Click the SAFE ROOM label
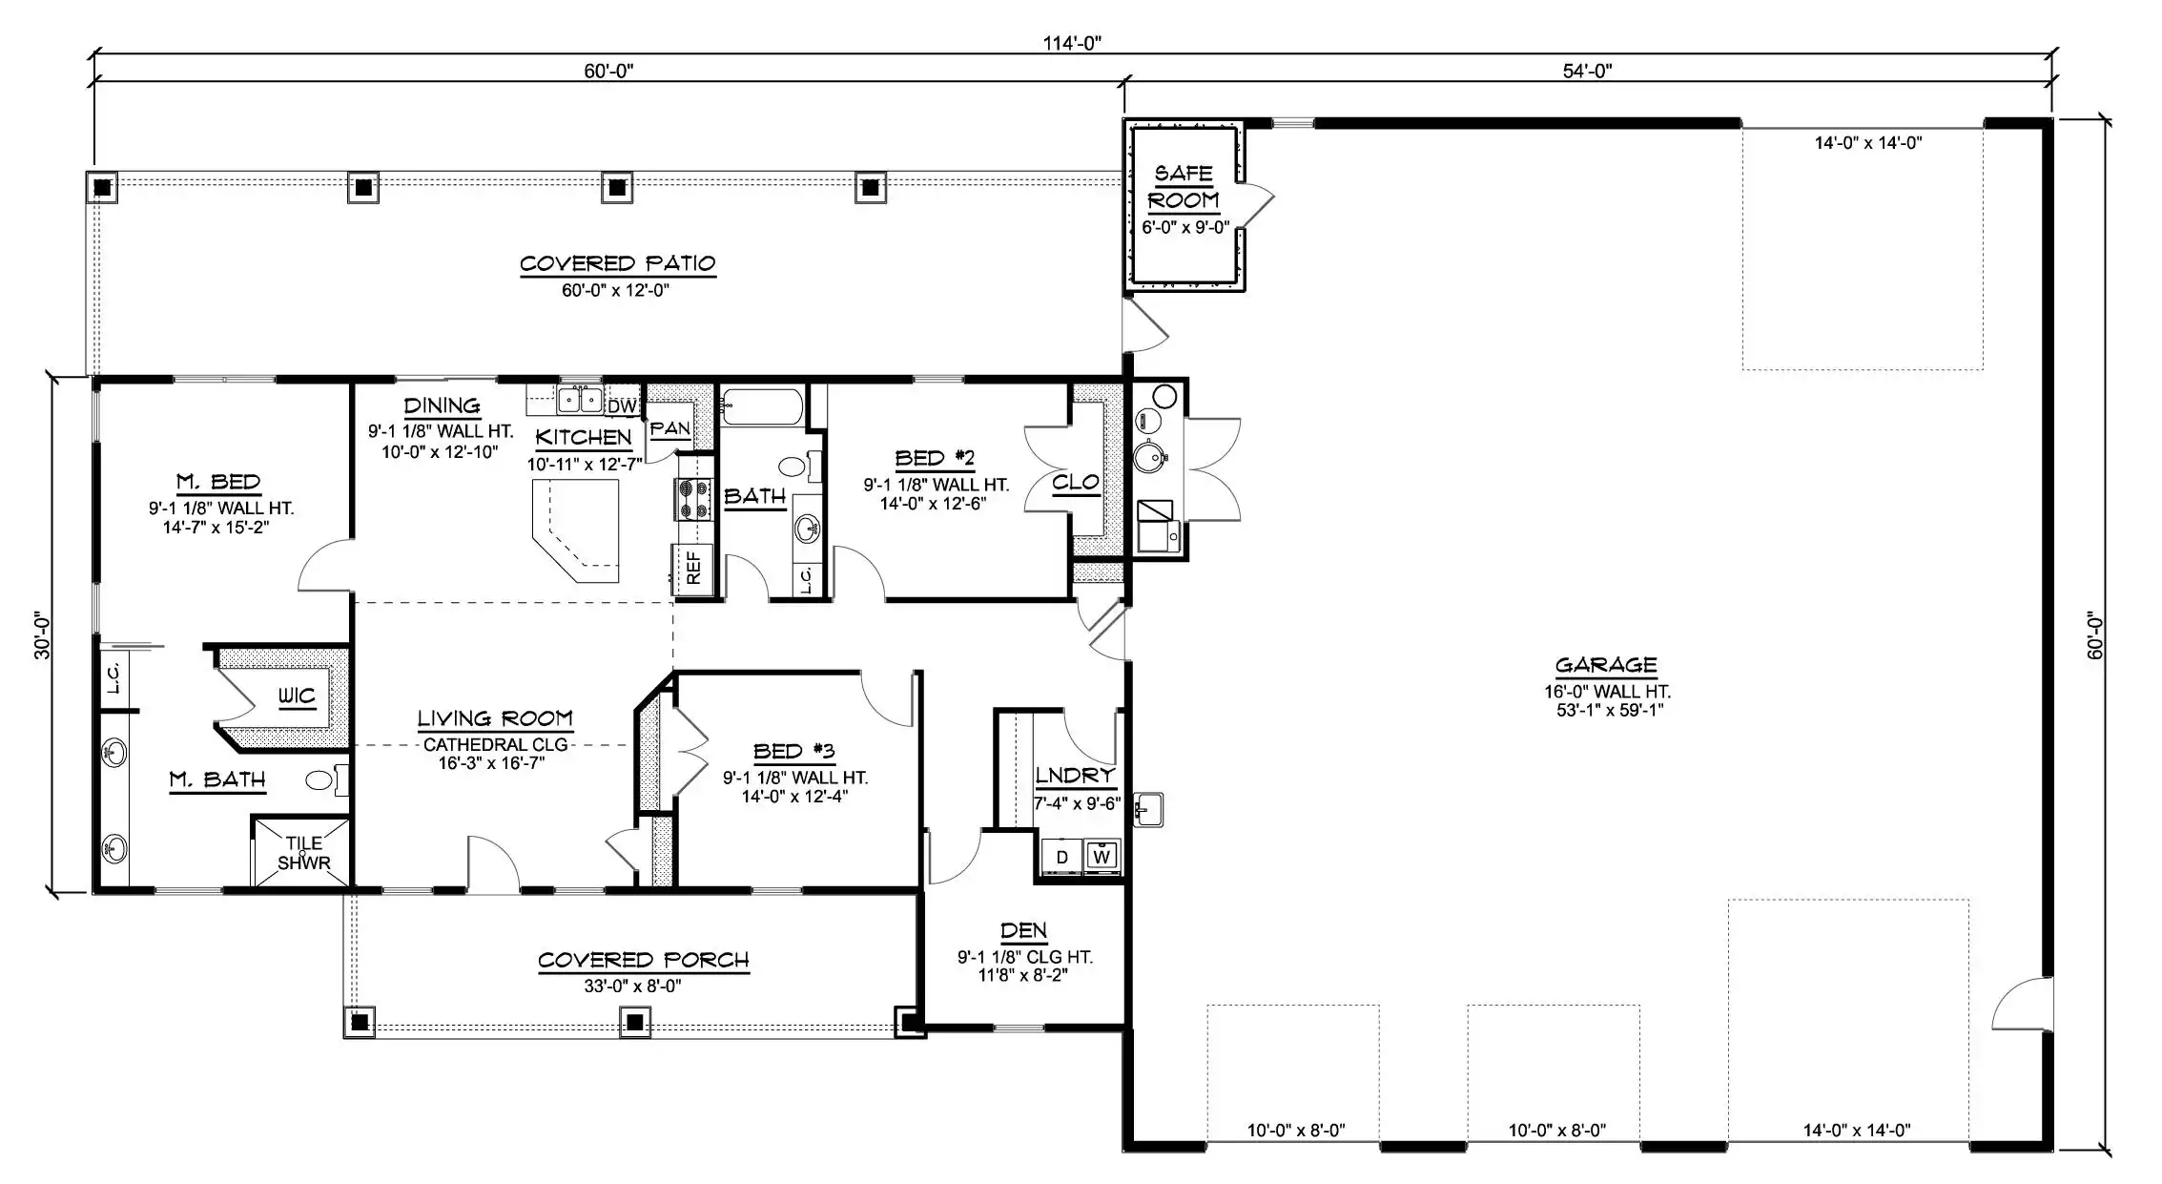click(x=1184, y=187)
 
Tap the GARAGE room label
click(x=1606, y=665)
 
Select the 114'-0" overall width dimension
click(x=1072, y=43)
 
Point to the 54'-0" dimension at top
click(x=1587, y=71)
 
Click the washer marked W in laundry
click(x=1102, y=856)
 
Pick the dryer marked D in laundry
click(x=1062, y=856)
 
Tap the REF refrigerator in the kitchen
click(x=693, y=569)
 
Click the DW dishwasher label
click(x=622, y=405)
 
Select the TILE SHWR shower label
click(x=304, y=853)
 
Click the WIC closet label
click(x=297, y=696)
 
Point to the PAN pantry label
click(x=669, y=428)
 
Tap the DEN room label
click(x=1024, y=930)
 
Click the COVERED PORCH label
click(x=644, y=960)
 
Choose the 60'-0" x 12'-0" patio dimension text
click(x=616, y=290)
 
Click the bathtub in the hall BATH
click(x=763, y=407)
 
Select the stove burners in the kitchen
click(x=693, y=499)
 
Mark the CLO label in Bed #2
click(x=1076, y=483)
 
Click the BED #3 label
click(x=794, y=751)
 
